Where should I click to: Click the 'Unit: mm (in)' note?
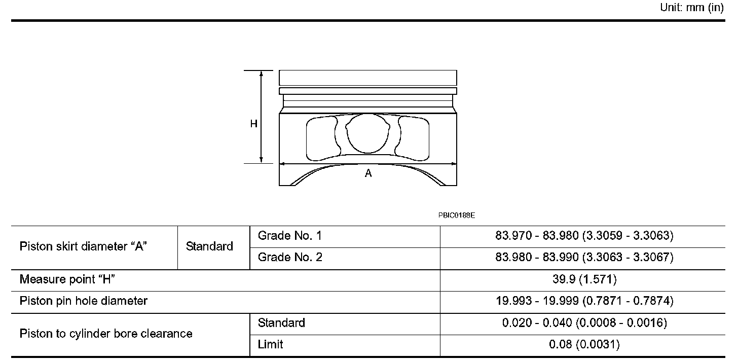(x=691, y=7)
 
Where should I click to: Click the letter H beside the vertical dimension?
(x=253, y=124)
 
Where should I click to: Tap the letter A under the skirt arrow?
(x=368, y=173)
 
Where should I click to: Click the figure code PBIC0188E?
(x=457, y=215)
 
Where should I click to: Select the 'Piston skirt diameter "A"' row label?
(x=83, y=246)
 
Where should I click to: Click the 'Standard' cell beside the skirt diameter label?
(x=209, y=246)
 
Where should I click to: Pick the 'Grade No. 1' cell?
(x=289, y=235)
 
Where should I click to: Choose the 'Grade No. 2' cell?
(x=290, y=257)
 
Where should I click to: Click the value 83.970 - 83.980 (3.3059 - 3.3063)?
(x=584, y=235)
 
